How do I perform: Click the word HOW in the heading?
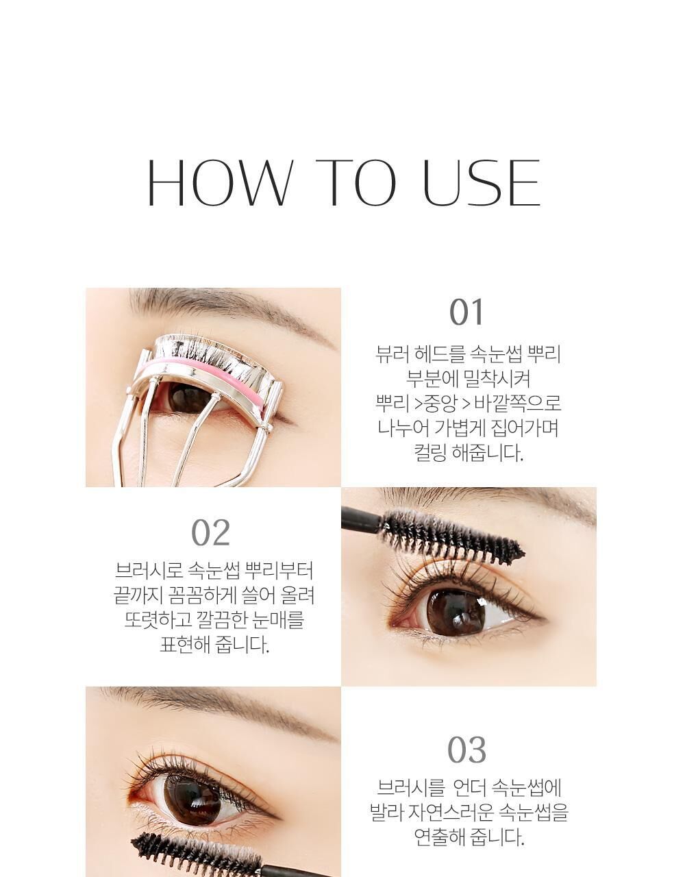[221, 182]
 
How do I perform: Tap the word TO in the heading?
[356, 182]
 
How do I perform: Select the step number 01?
[466, 312]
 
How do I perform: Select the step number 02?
[210, 533]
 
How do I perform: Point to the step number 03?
[466, 750]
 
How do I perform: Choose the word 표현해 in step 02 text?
[185, 645]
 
